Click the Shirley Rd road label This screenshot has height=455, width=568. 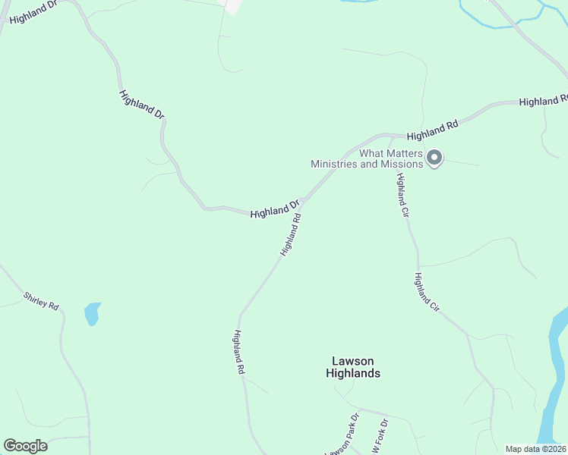coord(41,300)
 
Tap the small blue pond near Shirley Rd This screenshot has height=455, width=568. coord(92,312)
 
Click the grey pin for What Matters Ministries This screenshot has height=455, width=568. coord(434,158)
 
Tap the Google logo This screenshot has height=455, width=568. coord(25,446)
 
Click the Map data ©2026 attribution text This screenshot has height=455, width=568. coord(535,449)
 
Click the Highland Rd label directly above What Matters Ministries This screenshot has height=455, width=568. coord(433,130)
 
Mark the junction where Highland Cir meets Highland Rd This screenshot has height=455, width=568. coord(390,138)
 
